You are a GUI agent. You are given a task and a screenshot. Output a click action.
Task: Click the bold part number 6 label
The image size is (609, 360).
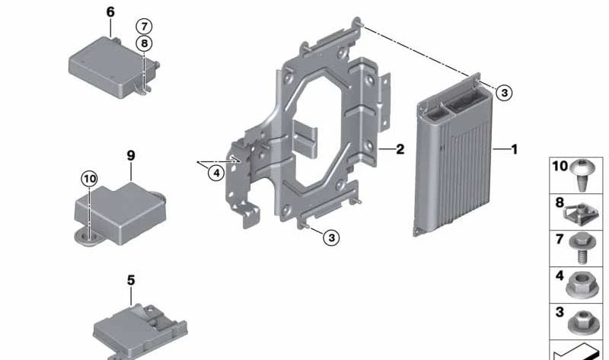pyautogui.click(x=110, y=12)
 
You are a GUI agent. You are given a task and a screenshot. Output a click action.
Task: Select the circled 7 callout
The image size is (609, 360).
pyautogui.click(x=144, y=27)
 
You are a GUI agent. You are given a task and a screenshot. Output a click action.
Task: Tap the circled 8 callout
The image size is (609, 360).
pyautogui.click(x=144, y=43)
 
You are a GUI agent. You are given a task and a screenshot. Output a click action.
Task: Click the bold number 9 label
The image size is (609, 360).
pyautogui.click(x=131, y=156)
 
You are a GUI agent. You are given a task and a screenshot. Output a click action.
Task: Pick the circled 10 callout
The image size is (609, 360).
pyautogui.click(x=89, y=179)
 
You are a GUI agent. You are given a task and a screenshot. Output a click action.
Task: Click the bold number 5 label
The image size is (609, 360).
pyautogui.click(x=131, y=280)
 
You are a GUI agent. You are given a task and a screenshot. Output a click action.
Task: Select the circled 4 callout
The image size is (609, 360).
pyautogui.click(x=216, y=173)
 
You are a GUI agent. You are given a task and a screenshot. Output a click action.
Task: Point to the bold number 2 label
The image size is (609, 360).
pyautogui.click(x=400, y=149)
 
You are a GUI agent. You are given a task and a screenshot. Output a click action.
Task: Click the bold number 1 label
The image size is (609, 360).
pyautogui.click(x=515, y=149)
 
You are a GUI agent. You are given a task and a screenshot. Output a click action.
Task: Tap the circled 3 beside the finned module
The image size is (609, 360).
pyautogui.click(x=504, y=93)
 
